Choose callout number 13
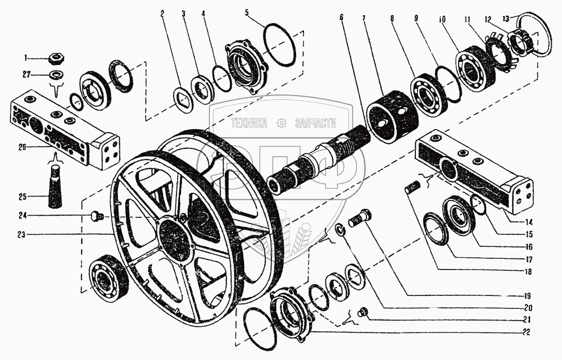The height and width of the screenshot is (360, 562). [506, 19]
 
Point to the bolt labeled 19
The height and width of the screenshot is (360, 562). [360, 217]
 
